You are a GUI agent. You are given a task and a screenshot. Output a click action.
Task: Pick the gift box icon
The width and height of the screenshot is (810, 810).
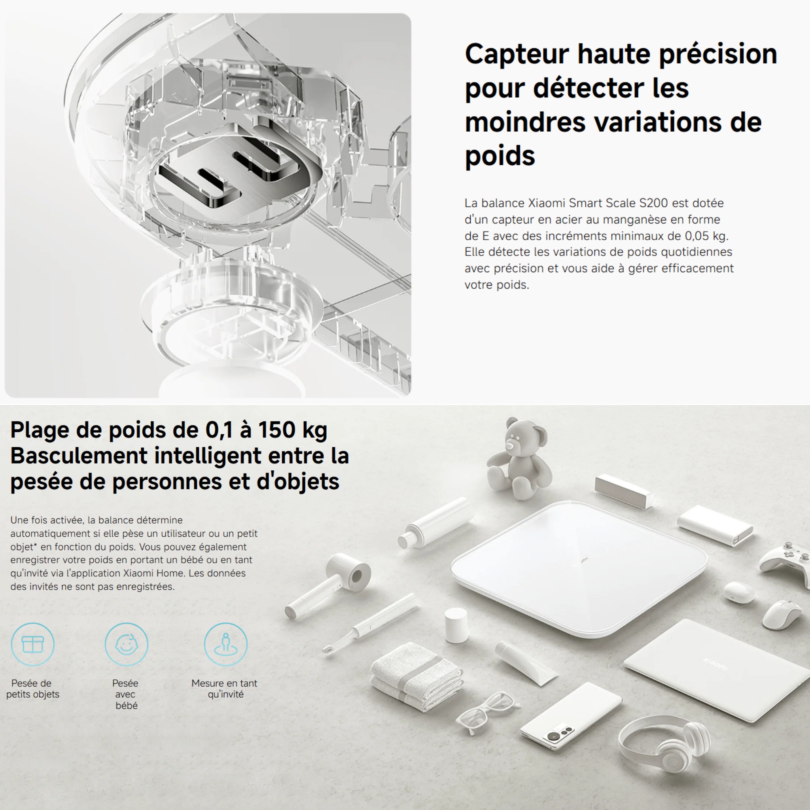point(33,644)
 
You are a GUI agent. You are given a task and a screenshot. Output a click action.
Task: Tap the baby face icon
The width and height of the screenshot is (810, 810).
point(127,644)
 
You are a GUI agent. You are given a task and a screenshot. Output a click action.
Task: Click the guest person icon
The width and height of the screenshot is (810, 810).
point(225,644)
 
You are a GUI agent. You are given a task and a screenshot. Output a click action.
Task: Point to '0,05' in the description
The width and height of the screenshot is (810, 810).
point(696,236)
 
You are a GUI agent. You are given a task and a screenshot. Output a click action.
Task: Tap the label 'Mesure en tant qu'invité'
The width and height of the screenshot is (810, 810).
point(225,689)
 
